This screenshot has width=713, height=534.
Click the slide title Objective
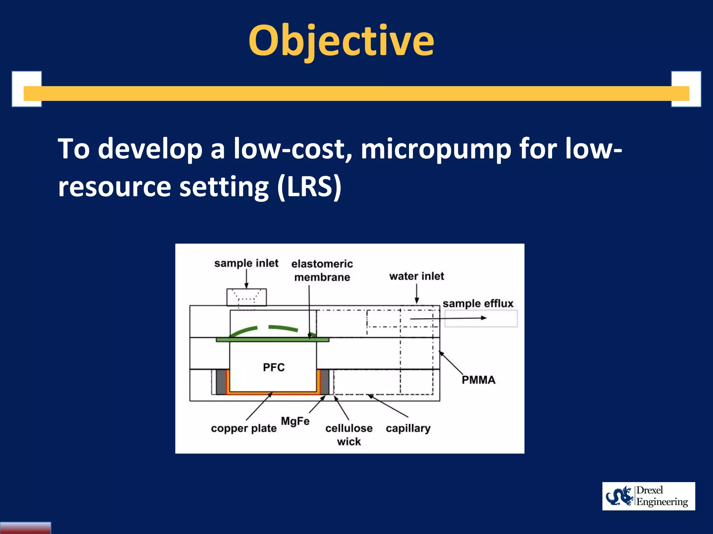point(341,41)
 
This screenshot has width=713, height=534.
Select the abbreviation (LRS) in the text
point(309,187)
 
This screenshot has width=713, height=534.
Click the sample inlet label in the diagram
point(246,263)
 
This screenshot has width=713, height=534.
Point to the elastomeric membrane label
point(322,270)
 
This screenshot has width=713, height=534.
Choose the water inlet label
point(417,276)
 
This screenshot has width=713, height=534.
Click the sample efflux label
point(478,304)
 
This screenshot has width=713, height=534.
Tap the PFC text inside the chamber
point(274,367)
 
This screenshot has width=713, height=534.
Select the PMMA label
point(478,380)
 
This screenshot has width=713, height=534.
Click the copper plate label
point(244,428)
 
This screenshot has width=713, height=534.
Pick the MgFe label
point(295,421)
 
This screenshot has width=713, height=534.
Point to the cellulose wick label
point(349,435)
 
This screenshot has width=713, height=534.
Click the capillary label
point(408,428)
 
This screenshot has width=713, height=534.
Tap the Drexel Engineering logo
point(648,496)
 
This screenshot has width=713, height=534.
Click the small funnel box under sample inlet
point(246,297)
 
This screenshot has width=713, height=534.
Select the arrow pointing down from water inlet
point(417,294)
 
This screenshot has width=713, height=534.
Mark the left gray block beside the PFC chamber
point(221,382)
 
